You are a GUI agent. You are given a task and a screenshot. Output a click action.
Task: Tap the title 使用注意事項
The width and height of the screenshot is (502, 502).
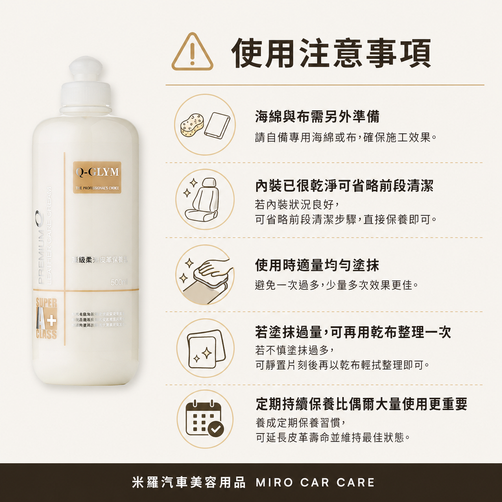(331, 53)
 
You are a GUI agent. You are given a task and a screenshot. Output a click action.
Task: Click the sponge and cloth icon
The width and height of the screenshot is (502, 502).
(204, 125)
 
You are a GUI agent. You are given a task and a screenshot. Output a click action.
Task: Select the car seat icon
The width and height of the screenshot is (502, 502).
(204, 199)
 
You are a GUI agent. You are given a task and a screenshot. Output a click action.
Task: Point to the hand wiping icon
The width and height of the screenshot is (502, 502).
(204, 275)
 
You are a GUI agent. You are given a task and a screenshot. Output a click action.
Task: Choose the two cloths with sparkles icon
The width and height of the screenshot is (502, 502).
(205, 348)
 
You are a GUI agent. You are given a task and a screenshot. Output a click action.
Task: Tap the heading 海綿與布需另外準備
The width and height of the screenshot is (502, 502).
(317, 116)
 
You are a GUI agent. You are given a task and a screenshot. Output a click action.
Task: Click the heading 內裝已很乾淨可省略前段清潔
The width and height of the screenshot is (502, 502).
(344, 186)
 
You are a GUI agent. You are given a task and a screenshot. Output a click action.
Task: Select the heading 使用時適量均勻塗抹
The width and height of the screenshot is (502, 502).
(317, 265)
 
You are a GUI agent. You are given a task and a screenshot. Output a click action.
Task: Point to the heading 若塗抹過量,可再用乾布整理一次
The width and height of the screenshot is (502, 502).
(353, 332)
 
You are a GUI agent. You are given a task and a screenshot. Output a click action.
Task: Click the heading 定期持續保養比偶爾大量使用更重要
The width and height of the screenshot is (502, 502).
(361, 403)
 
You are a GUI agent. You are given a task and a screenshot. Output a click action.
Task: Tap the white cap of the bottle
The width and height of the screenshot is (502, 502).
(85, 83)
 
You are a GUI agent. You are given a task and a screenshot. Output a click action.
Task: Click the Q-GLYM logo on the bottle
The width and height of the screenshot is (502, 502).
(97, 173)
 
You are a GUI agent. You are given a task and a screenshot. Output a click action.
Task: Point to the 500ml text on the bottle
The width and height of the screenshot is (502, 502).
(119, 283)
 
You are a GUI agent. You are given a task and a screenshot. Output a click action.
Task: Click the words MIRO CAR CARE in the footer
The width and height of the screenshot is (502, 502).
(315, 482)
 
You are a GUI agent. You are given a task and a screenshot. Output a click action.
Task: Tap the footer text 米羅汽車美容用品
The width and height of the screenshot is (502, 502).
(189, 482)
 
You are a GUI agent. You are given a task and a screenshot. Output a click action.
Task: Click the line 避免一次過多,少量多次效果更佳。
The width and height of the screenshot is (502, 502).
(336, 285)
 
